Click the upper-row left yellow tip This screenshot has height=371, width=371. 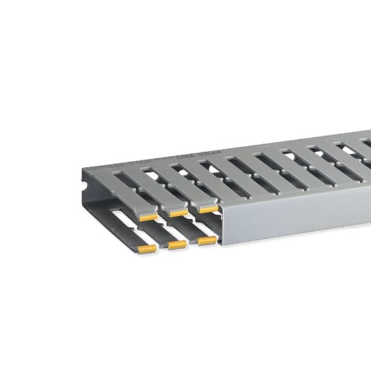tap(148, 217)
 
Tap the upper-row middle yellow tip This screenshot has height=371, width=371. tap(179, 213)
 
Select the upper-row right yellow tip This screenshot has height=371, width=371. tap(208, 209)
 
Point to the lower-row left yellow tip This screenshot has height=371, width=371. tap(147, 249)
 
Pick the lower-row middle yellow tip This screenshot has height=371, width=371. tap(177, 244)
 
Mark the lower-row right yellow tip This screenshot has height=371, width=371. tap(207, 240)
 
